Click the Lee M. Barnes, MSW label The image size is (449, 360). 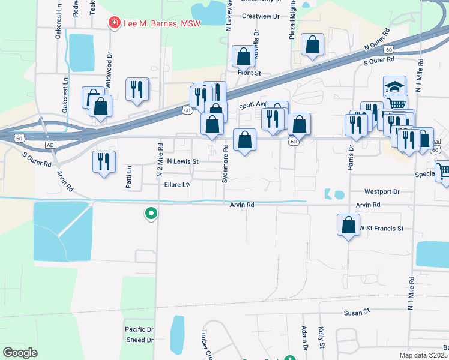click(161, 23)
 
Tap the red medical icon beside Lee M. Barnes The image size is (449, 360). click(113, 23)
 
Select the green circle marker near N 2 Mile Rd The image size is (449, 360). click(151, 212)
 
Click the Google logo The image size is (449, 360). click(20, 353)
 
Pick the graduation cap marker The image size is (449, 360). click(394, 87)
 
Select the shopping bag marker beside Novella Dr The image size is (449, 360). click(243, 57)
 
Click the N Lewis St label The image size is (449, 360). click(182, 162)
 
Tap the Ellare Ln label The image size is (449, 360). click(177, 184)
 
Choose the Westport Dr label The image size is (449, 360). click(382, 192)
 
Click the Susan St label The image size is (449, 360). click(357, 313)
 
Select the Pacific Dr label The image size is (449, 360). click(139, 329)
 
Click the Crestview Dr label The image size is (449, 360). click(261, 17)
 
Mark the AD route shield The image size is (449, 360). click(50, 145)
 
